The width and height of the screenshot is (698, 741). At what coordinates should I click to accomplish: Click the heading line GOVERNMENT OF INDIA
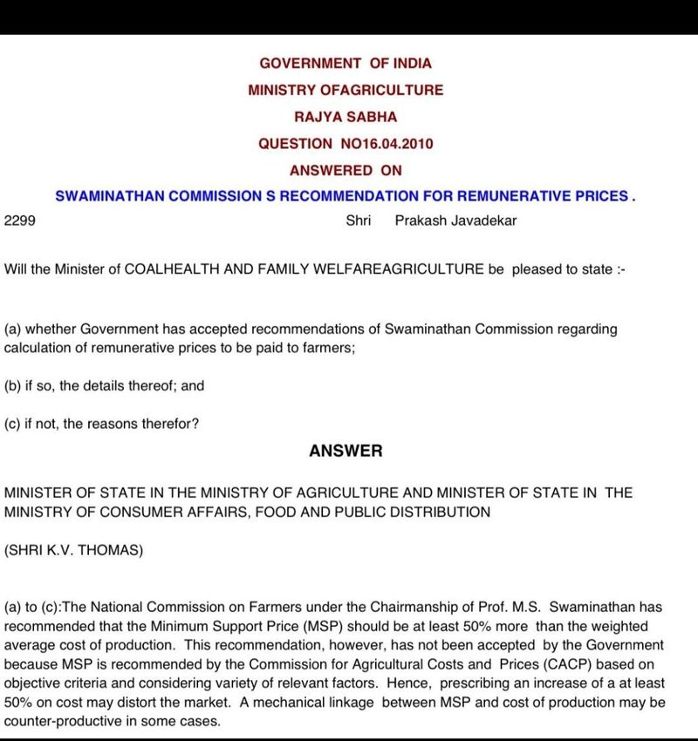(346, 63)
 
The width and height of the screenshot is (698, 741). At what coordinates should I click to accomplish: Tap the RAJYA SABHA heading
(346, 116)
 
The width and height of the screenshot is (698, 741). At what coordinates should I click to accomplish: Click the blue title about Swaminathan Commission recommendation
(346, 196)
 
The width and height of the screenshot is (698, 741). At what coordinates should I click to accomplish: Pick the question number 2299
(19, 221)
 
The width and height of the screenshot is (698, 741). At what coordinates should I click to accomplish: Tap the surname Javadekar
(479, 221)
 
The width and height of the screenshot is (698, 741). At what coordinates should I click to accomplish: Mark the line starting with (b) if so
(104, 385)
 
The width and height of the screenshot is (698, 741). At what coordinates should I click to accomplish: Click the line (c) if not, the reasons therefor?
(101, 425)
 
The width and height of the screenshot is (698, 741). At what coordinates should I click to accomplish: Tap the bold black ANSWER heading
(346, 451)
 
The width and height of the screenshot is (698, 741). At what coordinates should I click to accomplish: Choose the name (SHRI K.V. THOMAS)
(73, 551)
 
